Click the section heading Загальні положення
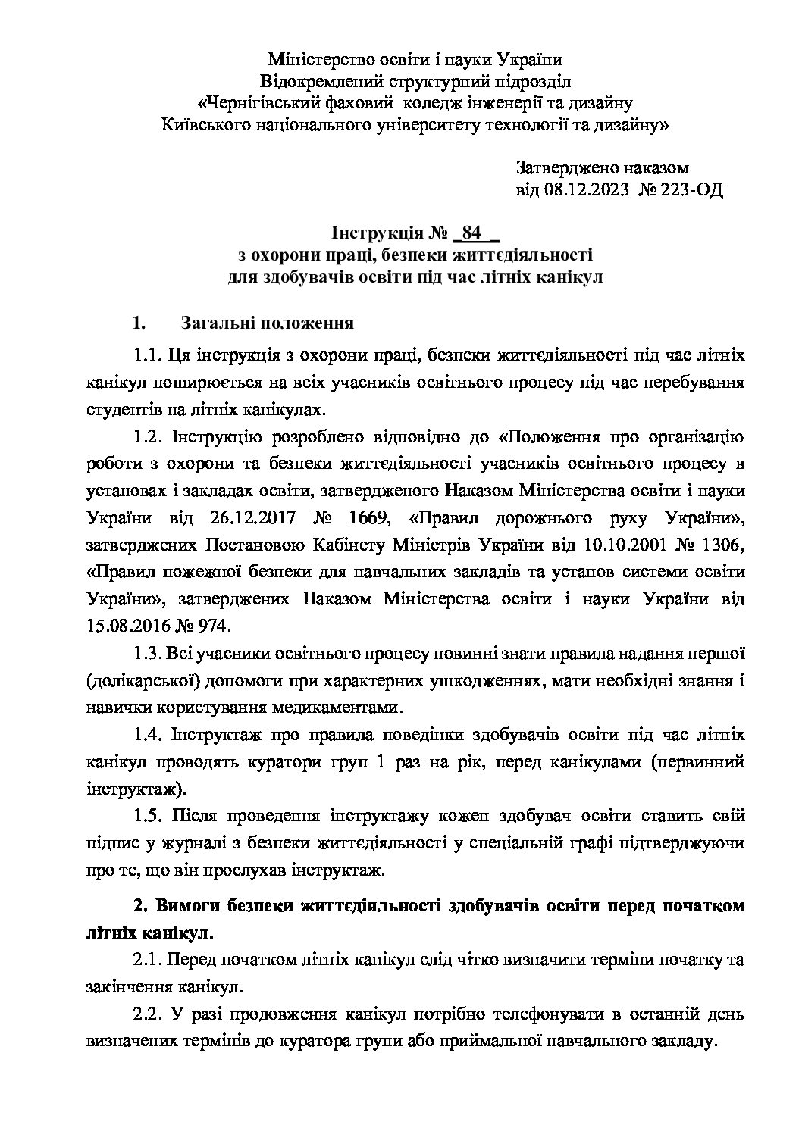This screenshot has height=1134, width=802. [268, 323]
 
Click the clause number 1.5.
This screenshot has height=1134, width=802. [148, 816]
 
